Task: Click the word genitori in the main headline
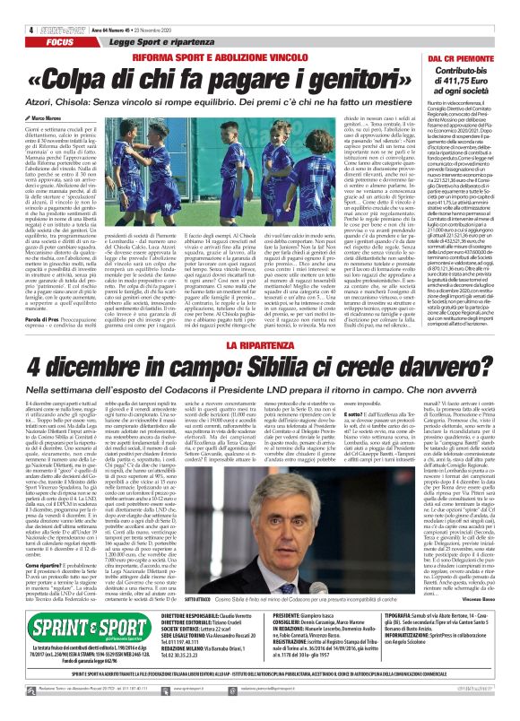click(x=344, y=80)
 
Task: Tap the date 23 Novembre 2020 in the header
click(x=164, y=7)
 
